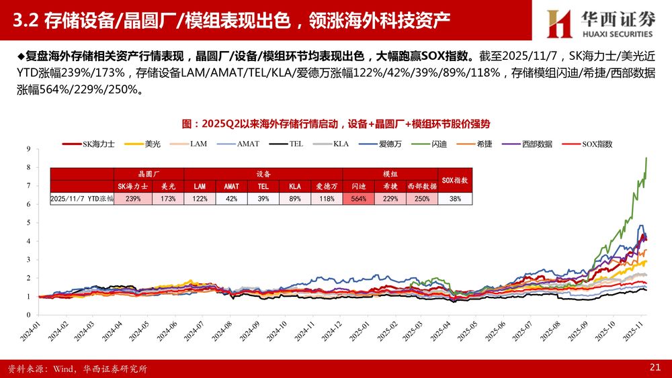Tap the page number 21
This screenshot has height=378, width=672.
tap(655, 367)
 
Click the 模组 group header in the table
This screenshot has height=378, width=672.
tap(390, 173)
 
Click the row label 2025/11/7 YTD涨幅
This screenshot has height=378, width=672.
tap(82, 199)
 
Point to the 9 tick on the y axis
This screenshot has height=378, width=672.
tap(28, 148)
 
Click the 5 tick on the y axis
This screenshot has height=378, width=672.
tap(28, 222)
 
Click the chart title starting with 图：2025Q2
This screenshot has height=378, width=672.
tap(336, 124)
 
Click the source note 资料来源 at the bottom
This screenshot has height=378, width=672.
tap(77, 368)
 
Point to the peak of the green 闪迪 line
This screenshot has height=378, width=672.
tap(646, 158)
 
